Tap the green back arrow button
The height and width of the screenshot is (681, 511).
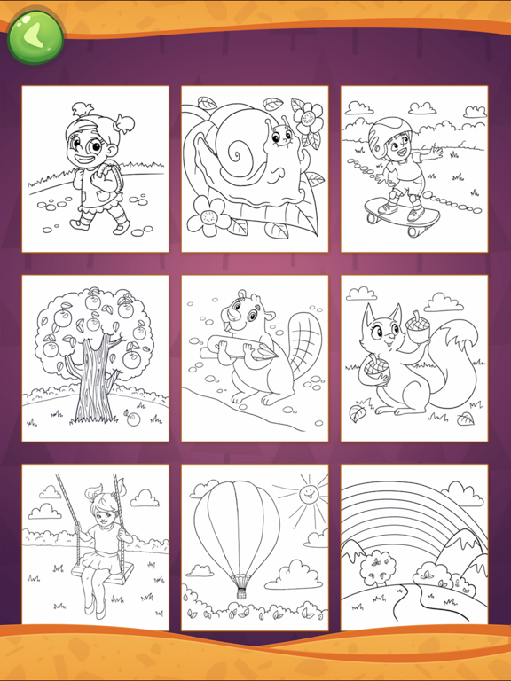point(35,36)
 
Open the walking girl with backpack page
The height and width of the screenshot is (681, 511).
point(95,168)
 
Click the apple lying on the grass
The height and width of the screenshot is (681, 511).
point(133,417)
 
